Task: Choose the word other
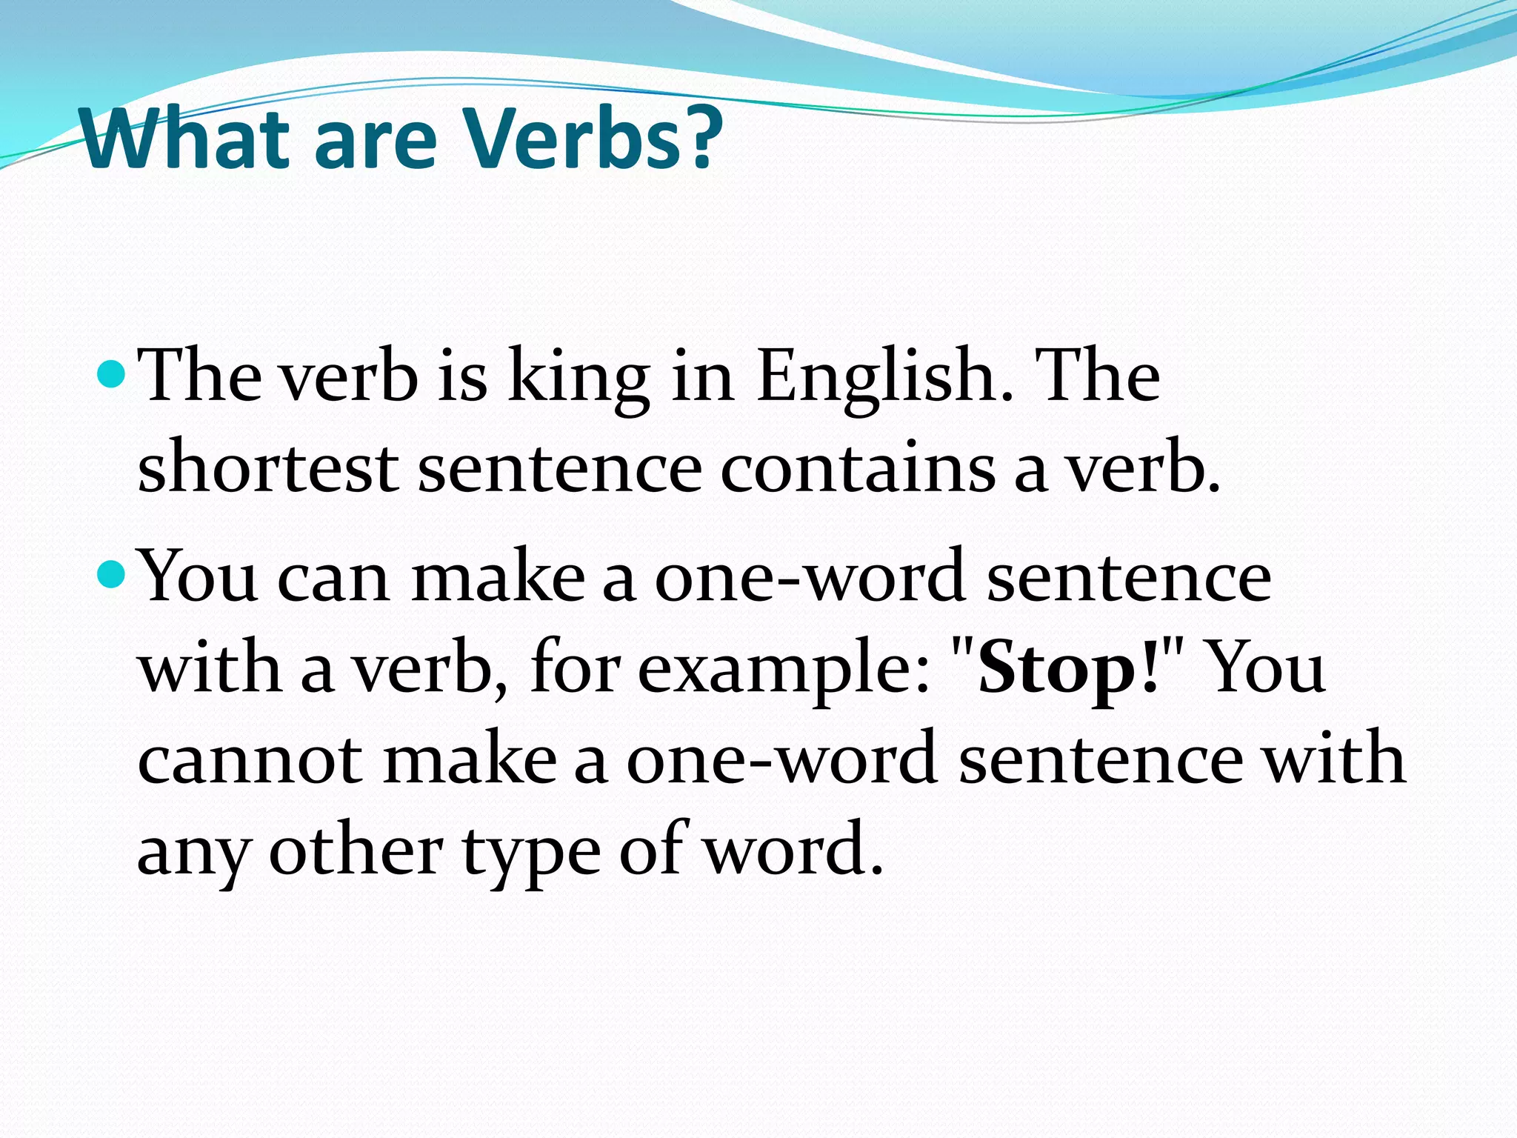356,851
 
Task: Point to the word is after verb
462,378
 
